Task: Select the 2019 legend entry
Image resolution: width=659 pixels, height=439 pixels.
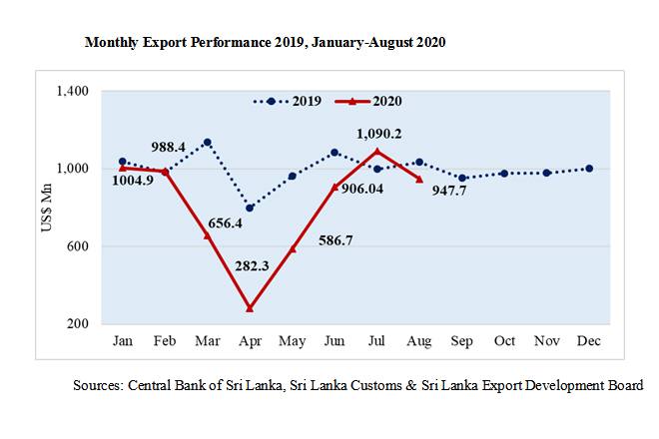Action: (x=291, y=101)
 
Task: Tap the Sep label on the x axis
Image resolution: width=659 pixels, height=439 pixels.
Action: (x=462, y=342)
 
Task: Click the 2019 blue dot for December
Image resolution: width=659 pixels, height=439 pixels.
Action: (x=589, y=169)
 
